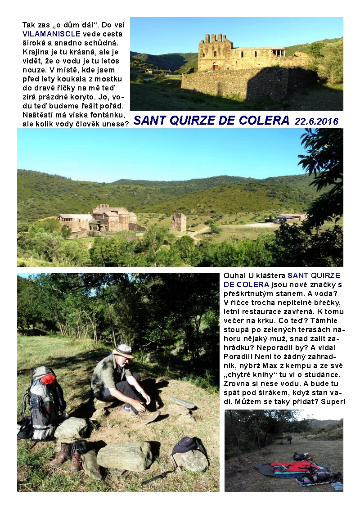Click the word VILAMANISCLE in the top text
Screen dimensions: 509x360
point(51,34)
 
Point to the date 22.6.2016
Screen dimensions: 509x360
point(317,121)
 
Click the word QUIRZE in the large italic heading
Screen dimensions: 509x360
point(188,121)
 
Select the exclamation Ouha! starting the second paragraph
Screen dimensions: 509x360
point(233,275)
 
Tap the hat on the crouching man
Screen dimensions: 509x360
point(123,350)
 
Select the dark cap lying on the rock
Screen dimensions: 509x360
point(185,446)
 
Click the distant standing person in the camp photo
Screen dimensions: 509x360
point(290,438)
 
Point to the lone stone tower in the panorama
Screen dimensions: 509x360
point(178,222)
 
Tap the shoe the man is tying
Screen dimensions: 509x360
point(148,416)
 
